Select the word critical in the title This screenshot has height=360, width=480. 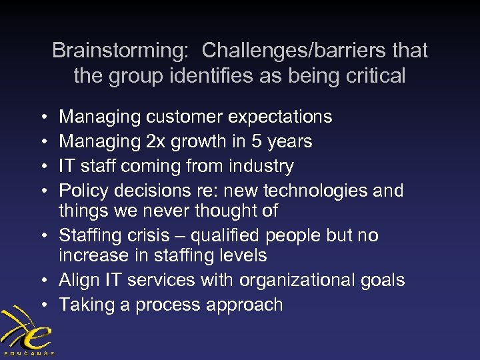371,76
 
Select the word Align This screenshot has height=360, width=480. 78,280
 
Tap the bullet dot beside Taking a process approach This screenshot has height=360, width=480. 43,305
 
